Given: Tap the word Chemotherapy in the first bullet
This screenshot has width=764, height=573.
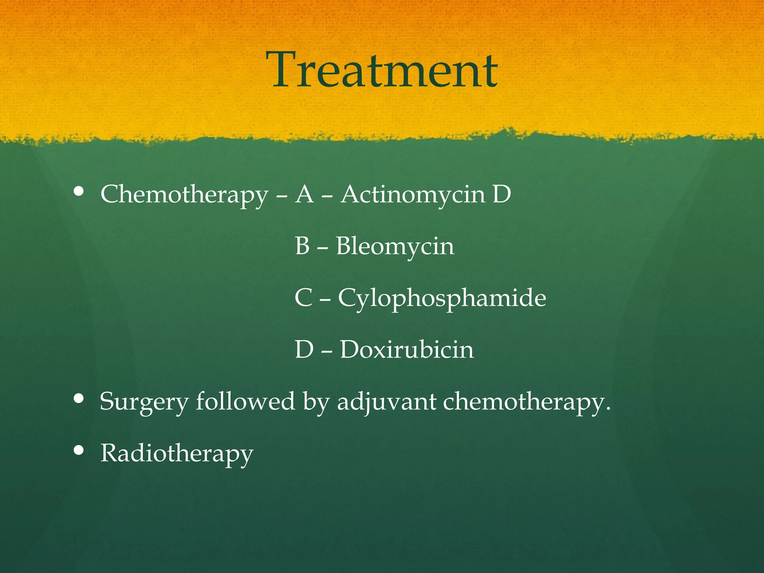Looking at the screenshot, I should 184,195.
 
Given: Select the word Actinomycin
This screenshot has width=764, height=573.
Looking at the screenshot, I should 413,195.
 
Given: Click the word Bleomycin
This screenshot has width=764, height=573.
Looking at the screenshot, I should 395,246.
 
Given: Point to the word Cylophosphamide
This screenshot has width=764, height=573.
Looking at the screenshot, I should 442,298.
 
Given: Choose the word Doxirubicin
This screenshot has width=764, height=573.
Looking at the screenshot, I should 407,350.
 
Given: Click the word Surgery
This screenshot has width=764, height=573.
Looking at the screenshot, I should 144,402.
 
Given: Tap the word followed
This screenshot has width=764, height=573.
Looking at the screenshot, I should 245,401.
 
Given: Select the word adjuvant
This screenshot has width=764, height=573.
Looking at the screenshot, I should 386,402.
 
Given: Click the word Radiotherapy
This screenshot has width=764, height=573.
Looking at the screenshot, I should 177,454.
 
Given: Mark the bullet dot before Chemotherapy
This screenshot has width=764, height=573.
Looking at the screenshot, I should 79,191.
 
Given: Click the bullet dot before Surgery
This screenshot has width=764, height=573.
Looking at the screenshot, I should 79,398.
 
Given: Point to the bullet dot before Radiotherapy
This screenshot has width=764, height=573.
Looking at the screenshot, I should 79,450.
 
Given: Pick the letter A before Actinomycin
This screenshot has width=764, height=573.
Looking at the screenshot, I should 304,194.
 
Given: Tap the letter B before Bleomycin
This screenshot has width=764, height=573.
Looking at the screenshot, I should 302,246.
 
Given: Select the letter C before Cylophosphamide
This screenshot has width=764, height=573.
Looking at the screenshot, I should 303,298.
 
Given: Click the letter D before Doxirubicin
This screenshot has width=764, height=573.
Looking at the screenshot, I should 304,350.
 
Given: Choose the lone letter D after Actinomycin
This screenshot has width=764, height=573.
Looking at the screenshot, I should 501,194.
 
